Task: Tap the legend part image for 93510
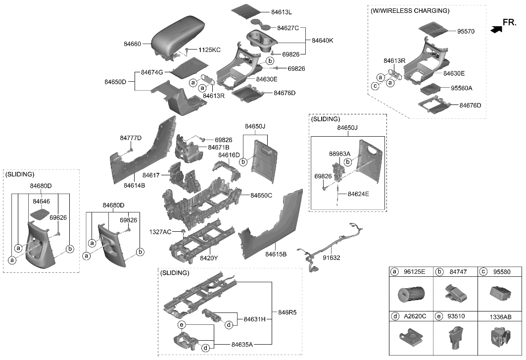(455, 338)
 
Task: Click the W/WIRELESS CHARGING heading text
(410, 10)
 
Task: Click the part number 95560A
(461, 88)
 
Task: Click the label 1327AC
(160, 232)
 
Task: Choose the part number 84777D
(131, 138)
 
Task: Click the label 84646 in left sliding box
(41, 202)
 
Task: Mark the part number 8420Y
(209, 258)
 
